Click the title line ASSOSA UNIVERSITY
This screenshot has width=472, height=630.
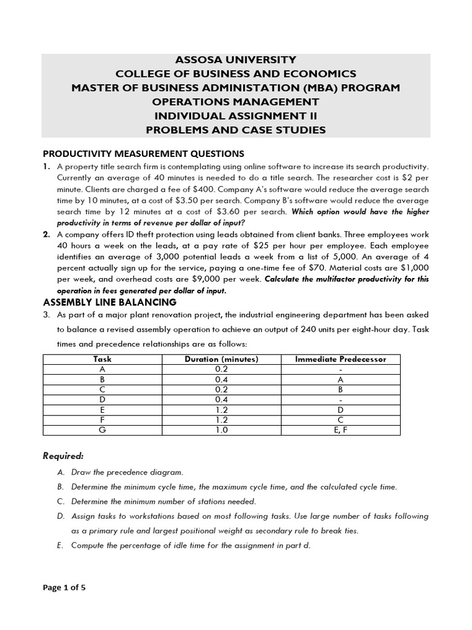point(236,60)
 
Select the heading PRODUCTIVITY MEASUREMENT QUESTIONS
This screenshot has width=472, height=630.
point(143,153)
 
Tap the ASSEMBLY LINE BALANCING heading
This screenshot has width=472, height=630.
point(109,302)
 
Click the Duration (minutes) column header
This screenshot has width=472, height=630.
point(222,359)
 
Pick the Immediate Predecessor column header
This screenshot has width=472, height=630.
point(340,359)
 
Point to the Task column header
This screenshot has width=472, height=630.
point(103,359)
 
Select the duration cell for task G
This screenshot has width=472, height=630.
point(222,430)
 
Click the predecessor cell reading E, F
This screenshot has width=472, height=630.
point(340,430)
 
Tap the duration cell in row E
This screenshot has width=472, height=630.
point(222,410)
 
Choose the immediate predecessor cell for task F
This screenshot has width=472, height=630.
point(340,420)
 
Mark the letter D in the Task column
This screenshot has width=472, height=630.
point(103,400)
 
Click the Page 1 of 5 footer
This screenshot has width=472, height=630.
point(64,588)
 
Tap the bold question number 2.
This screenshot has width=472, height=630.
point(46,234)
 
